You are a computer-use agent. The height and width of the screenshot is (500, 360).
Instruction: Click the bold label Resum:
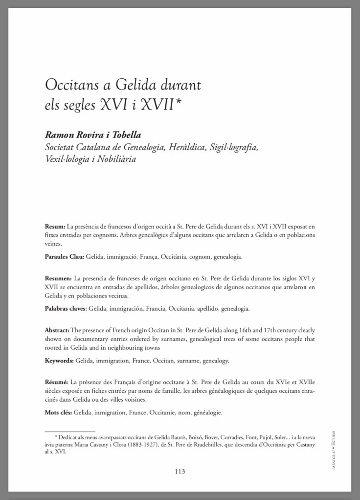[x=55, y=227]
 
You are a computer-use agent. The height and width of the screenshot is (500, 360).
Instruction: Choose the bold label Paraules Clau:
[x=65, y=256]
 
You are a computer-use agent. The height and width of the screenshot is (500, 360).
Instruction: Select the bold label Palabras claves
[x=65, y=309]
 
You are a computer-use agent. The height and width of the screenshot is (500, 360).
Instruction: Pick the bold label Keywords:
[x=59, y=361]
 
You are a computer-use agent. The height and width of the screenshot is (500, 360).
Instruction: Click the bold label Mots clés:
[x=59, y=412]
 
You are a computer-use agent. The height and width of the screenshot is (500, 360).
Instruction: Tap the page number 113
[x=180, y=472]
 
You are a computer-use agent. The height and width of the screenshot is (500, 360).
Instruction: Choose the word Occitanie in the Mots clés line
[x=167, y=412]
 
